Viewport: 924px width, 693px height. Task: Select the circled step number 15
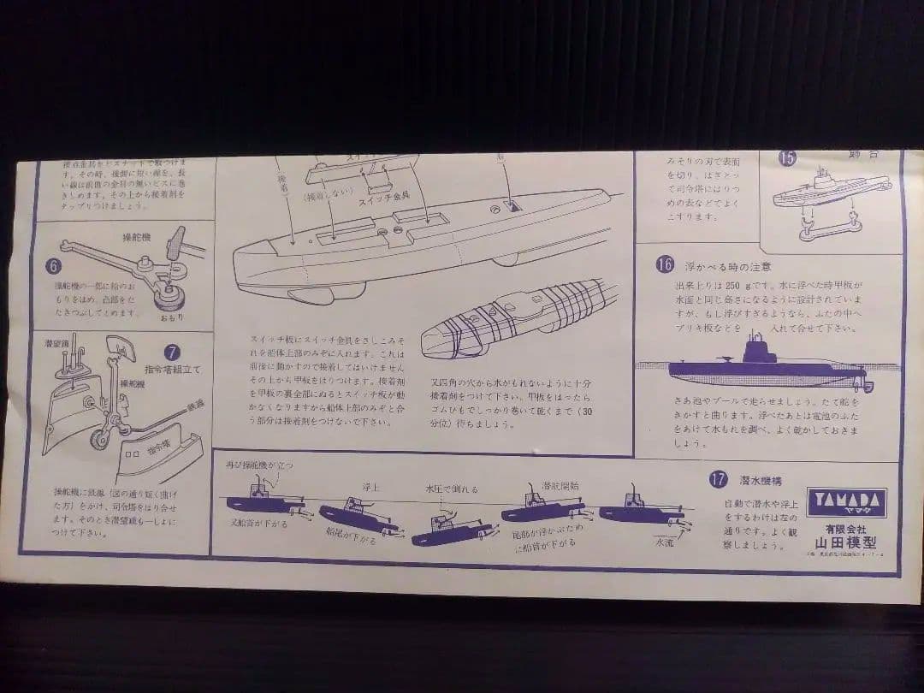[x=787, y=157]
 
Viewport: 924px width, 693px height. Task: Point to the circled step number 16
[x=665, y=264]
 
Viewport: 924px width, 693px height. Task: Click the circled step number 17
[x=718, y=478]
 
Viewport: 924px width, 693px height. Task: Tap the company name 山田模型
[x=847, y=542]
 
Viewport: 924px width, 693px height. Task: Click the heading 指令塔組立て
[x=170, y=369]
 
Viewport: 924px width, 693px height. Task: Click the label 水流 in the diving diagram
[x=665, y=542]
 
